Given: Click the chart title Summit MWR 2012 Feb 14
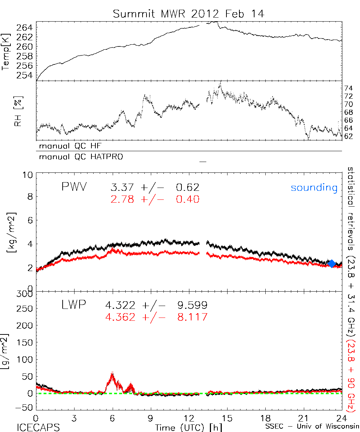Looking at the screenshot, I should tap(188, 14).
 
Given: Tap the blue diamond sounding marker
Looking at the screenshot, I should tap(332, 264).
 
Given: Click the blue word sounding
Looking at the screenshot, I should tap(314, 188).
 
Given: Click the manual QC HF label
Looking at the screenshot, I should tap(73, 146).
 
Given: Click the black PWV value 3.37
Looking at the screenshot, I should tap(123, 187).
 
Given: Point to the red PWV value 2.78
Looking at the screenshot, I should tap(123, 199).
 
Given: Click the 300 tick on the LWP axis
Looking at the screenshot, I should tap(24, 294).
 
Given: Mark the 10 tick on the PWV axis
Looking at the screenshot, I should tap(29, 175).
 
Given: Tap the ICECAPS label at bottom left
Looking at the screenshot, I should tap(38, 427).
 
